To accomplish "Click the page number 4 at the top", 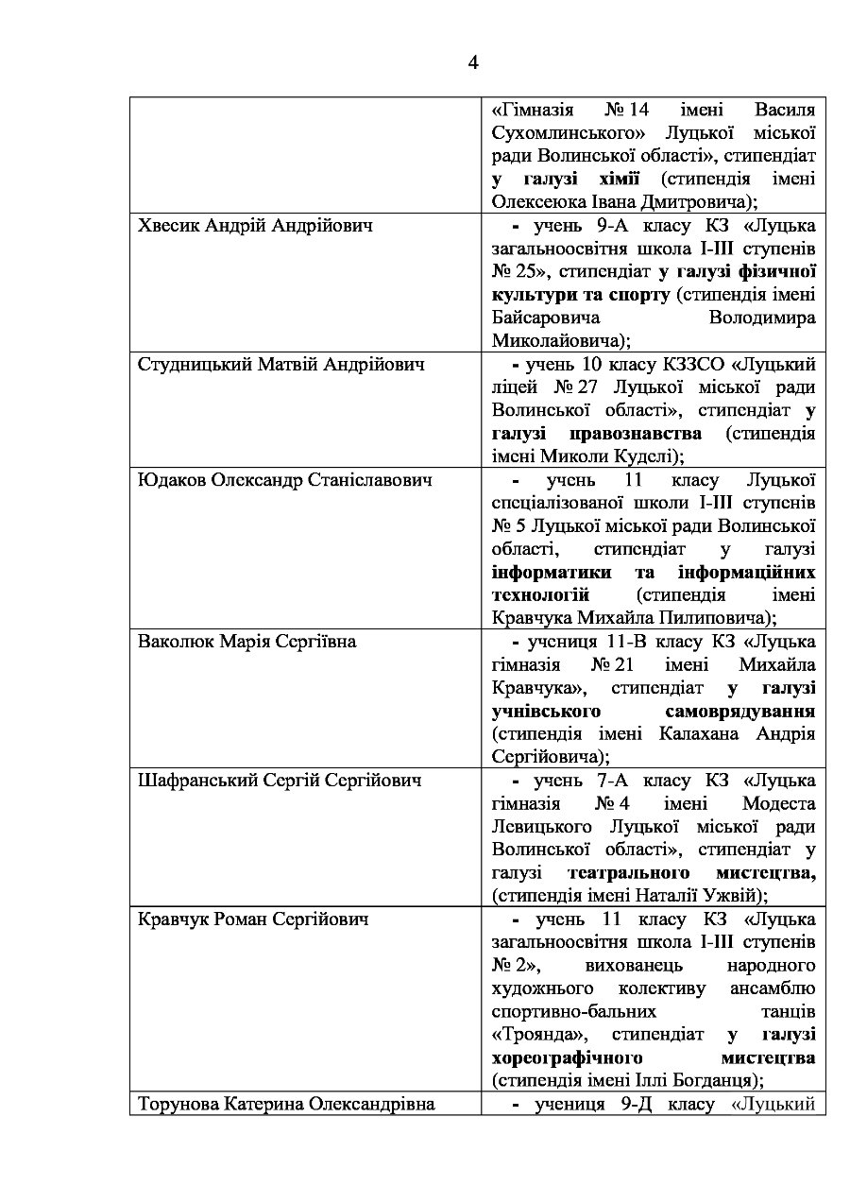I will (x=472, y=63).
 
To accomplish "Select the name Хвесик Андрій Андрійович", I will (x=255, y=227).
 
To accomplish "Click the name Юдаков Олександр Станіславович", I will (x=285, y=480).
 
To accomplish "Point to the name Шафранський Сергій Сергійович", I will (x=280, y=781).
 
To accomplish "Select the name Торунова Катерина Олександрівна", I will (x=286, y=1103).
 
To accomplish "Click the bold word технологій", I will (x=540, y=595).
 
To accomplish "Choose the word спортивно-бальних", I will (x=564, y=1010).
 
